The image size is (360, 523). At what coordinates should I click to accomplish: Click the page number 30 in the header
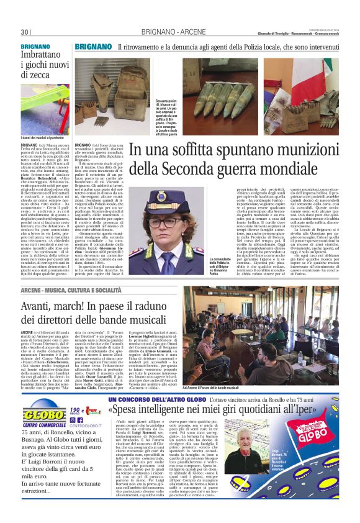(x=25, y=32)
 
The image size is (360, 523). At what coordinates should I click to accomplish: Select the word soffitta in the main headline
(x=187, y=150)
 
